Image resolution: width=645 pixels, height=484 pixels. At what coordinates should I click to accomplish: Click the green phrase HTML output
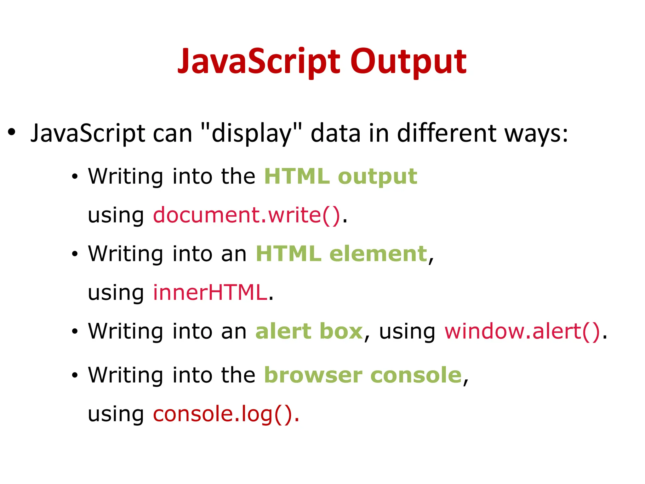[340, 176]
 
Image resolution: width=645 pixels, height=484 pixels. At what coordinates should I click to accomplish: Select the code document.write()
[247, 215]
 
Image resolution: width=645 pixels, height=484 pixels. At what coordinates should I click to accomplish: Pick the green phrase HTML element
[341, 254]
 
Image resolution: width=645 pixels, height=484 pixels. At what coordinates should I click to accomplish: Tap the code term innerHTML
[210, 292]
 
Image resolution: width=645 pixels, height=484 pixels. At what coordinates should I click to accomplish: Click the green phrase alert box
[309, 331]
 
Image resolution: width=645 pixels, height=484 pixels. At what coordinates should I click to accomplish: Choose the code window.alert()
[522, 331]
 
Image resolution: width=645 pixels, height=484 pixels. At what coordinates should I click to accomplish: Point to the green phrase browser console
[363, 375]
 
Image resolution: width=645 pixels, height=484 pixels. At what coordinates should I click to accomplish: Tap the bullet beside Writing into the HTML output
[74, 177]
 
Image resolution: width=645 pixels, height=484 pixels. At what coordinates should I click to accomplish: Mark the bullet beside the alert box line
[74, 332]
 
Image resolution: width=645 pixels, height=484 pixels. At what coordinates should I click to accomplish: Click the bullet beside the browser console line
[74, 376]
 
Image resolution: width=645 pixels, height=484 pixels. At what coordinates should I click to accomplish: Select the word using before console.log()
[116, 414]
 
